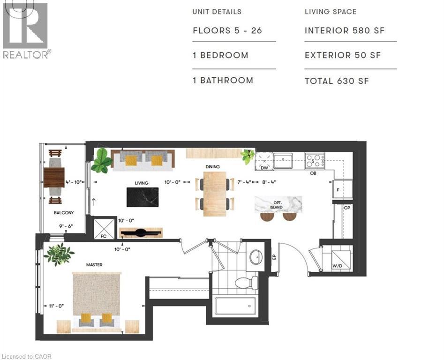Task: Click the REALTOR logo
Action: (25, 30)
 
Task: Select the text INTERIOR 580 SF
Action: (345, 30)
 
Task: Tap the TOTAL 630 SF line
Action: (337, 81)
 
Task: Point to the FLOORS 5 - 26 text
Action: (227, 30)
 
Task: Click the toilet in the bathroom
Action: (246, 283)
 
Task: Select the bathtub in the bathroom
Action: (235, 306)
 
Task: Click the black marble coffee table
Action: (143, 197)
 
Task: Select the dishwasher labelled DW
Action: (264, 162)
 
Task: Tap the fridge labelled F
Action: (342, 189)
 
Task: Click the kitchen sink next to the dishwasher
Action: (283, 161)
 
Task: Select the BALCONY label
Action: (64, 212)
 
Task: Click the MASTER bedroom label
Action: (94, 265)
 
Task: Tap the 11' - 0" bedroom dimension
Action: (56, 306)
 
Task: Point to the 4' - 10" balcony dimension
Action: (74, 182)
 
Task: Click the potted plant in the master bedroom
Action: (59, 254)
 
